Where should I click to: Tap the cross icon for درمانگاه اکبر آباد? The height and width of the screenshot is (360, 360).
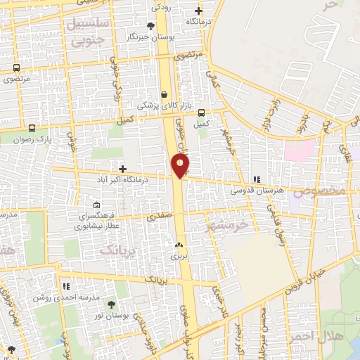point(123,169)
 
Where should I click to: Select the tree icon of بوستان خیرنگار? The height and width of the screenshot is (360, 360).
point(150,26)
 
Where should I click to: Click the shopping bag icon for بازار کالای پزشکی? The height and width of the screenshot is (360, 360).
point(165,94)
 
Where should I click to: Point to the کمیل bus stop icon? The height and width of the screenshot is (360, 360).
point(202,112)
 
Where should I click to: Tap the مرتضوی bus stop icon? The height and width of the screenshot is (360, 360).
point(16,68)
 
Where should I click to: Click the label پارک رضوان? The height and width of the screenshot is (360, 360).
point(34,140)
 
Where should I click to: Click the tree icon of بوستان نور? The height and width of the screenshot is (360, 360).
point(111,304)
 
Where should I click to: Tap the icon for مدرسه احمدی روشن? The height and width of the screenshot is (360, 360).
point(67,287)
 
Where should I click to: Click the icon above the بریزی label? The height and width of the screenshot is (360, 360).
point(178,246)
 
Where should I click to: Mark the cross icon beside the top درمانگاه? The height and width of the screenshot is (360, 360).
point(198,11)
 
